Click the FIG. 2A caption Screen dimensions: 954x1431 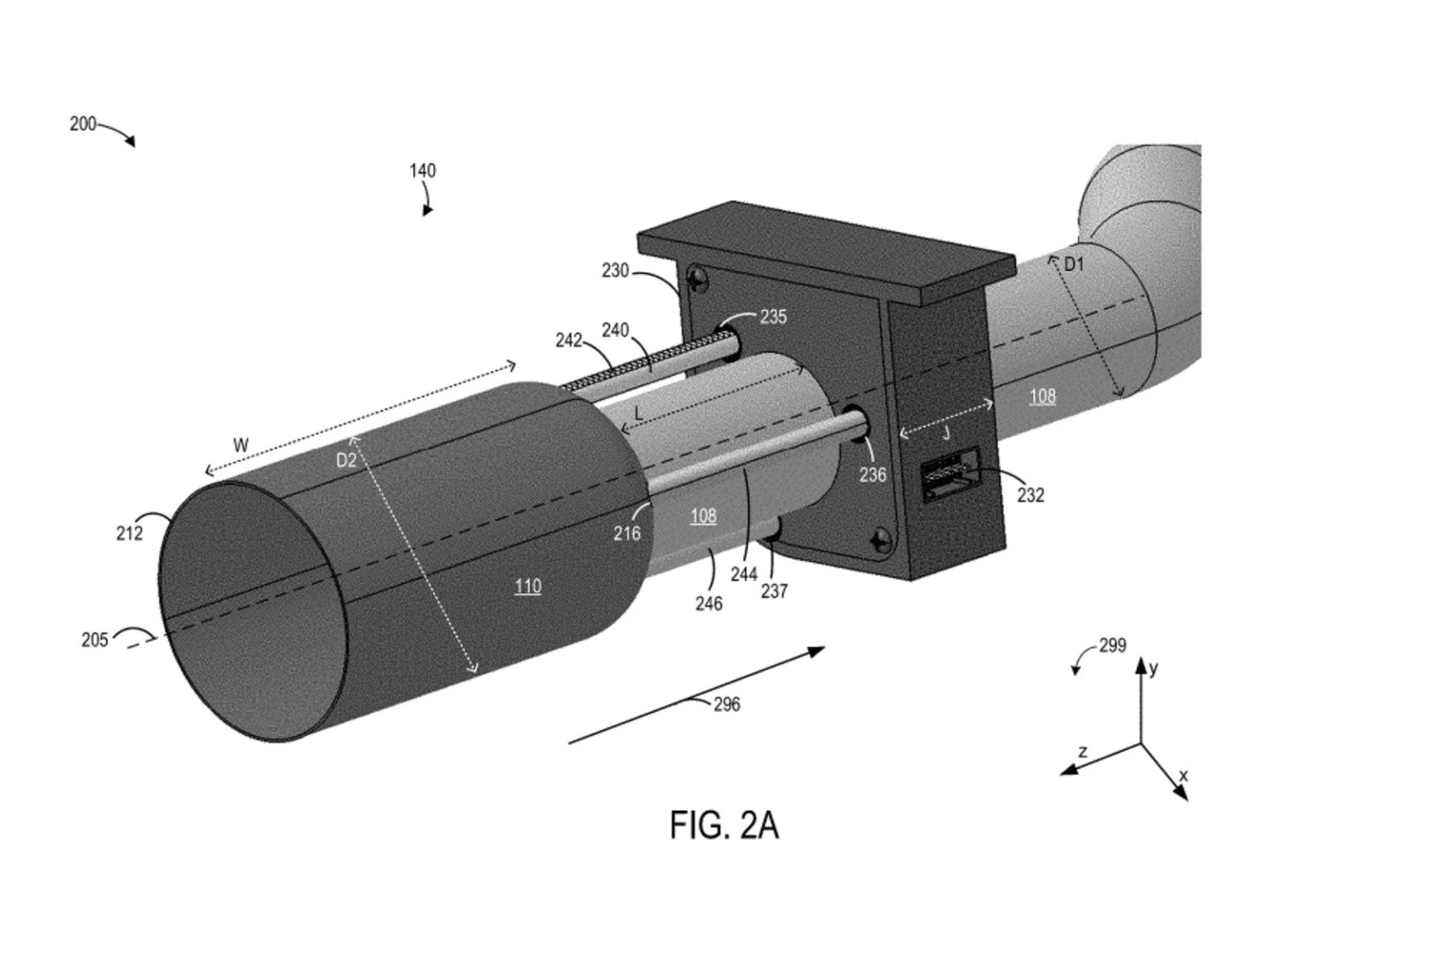tap(724, 825)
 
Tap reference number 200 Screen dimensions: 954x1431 tap(83, 124)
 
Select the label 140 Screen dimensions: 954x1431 tap(423, 171)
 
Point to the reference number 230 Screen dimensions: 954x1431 tap(615, 271)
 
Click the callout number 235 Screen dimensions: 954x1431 tap(773, 317)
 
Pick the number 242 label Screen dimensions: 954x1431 tap(570, 341)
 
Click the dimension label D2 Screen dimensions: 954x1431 tap(345, 460)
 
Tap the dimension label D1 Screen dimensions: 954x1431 tap(1074, 263)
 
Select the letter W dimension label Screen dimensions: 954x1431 tap(240, 446)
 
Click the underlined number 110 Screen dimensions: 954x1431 tap(528, 587)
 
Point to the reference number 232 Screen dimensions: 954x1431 tap(1030, 495)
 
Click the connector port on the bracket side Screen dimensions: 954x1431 tap(948, 474)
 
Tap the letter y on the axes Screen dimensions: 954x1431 tap(1154, 669)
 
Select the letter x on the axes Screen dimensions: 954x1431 tap(1183, 777)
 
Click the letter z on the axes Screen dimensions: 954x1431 tap(1083, 752)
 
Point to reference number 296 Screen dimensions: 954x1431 tap(727, 705)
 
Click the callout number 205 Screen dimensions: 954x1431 tap(94, 640)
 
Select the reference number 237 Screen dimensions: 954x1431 tap(775, 591)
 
